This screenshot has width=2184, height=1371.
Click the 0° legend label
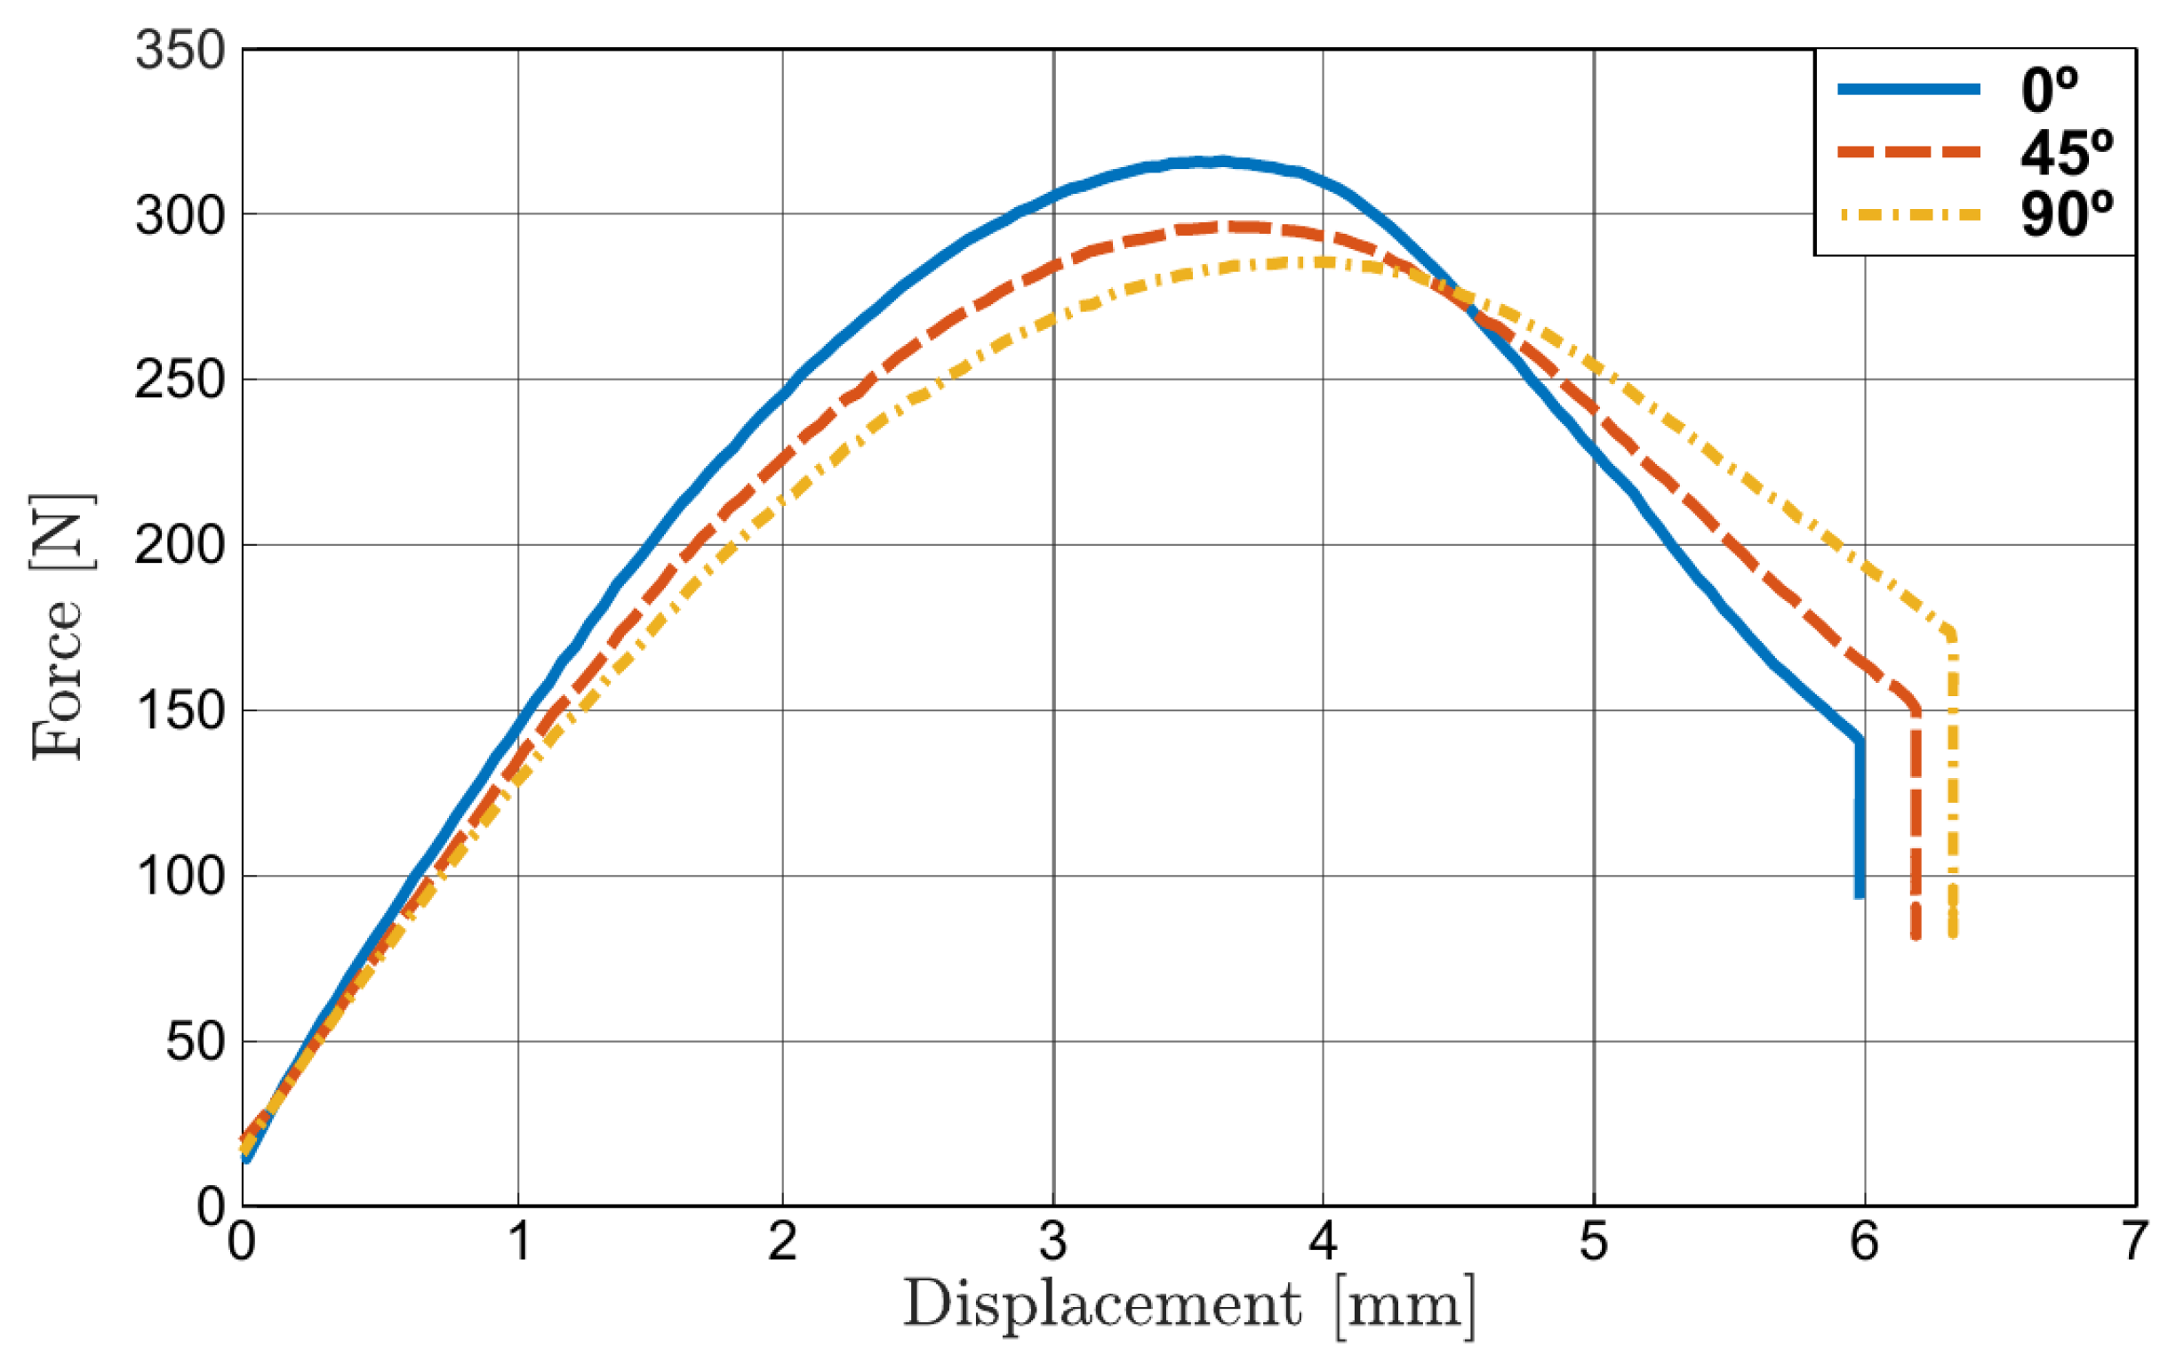(2048, 90)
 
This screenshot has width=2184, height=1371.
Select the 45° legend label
(2065, 152)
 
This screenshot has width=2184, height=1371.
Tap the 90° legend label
(2065, 215)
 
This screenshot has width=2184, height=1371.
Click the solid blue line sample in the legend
(1908, 89)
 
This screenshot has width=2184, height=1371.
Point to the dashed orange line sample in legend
(1908, 151)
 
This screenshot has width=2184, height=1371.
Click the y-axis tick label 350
(180, 50)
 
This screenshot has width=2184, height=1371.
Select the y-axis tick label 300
(180, 216)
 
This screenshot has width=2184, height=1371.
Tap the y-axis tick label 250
(180, 380)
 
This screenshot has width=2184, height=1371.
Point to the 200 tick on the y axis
(180, 546)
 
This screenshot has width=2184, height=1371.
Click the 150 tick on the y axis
(180, 711)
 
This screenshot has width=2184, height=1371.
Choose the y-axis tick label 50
(194, 1042)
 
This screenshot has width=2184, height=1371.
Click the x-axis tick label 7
(2134, 1240)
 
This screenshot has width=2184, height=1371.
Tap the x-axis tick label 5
(1593, 1240)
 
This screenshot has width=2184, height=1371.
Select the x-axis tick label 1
(518, 1240)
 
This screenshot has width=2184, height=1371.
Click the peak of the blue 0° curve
(1220, 162)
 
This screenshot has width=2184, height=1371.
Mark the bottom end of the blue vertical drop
(1860, 896)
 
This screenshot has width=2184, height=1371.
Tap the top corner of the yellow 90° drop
(1951, 632)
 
